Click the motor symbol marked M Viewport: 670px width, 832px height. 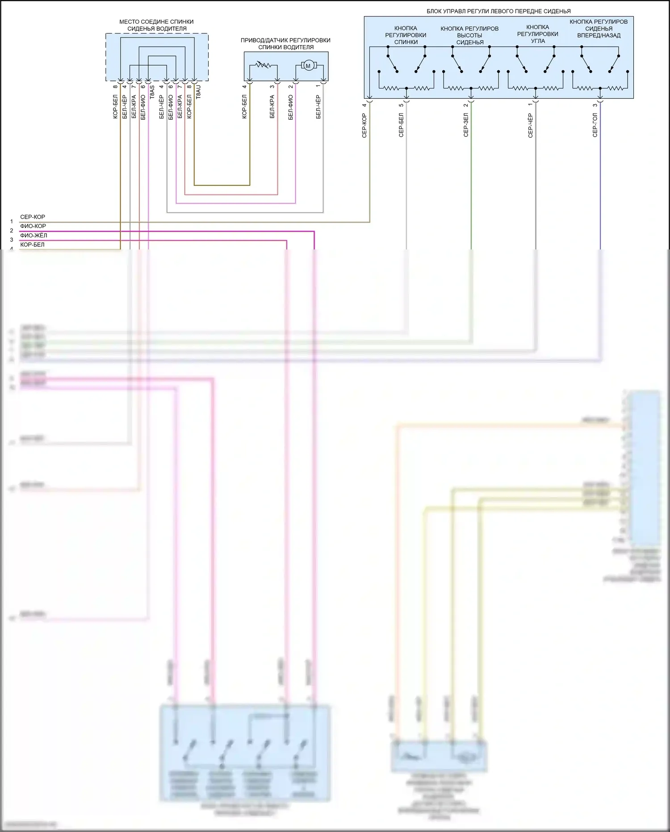pyautogui.click(x=307, y=66)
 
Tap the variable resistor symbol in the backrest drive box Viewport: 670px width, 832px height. pyautogui.click(x=264, y=66)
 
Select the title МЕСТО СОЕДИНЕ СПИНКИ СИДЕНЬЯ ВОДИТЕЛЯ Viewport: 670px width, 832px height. pyautogui.click(x=156, y=25)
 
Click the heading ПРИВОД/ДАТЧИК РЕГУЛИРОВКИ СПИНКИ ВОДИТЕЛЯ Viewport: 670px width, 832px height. pyautogui.click(x=285, y=43)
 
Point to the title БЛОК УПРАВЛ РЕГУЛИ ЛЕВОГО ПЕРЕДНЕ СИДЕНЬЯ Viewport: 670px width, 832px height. pyautogui.click(x=498, y=11)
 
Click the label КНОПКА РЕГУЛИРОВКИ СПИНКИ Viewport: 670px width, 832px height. pyautogui.click(x=406, y=35)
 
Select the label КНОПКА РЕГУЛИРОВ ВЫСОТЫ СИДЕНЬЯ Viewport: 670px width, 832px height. pyautogui.click(x=469, y=35)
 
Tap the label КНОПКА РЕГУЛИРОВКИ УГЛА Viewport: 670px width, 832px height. pyautogui.click(x=537, y=34)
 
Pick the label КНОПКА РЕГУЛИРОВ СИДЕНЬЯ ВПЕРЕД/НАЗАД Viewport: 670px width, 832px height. pyautogui.click(x=599, y=29)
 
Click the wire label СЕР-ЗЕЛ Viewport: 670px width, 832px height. pyautogui.click(x=466, y=125)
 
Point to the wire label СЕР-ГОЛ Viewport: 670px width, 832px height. pyautogui.click(x=595, y=125)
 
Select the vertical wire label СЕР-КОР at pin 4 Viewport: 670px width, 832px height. pyautogui.click(x=364, y=125)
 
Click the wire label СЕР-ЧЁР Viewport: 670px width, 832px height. pyautogui.click(x=530, y=125)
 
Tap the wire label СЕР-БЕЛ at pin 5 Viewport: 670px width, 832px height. pyautogui.click(x=401, y=125)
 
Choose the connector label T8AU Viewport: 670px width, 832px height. pyautogui.click(x=198, y=92)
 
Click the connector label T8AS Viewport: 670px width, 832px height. pyautogui.click(x=152, y=92)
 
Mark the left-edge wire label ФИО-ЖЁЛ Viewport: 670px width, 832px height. pyautogui.click(x=33, y=236)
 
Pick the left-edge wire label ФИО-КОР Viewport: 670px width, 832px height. pyautogui.click(x=33, y=226)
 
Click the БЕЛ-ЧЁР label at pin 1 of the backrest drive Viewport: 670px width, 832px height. pyautogui.click(x=318, y=107)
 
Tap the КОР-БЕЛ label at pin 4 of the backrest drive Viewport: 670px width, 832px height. pyautogui.click(x=244, y=107)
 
